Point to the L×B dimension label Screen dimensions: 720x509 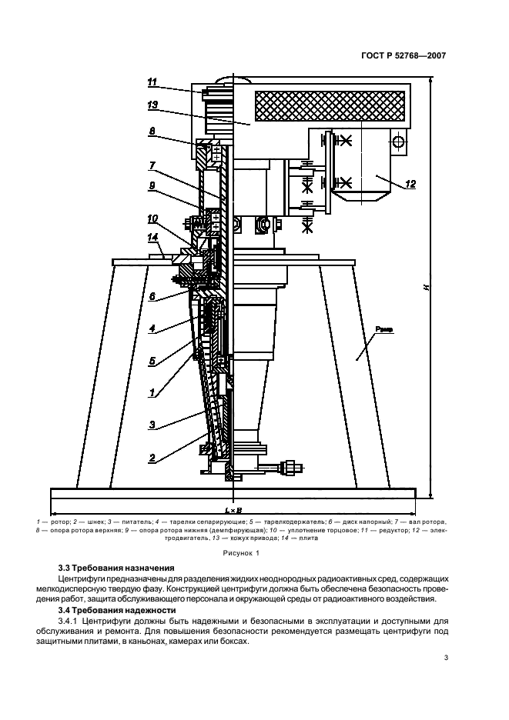[x=233, y=510]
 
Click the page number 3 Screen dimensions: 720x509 [x=445, y=658]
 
